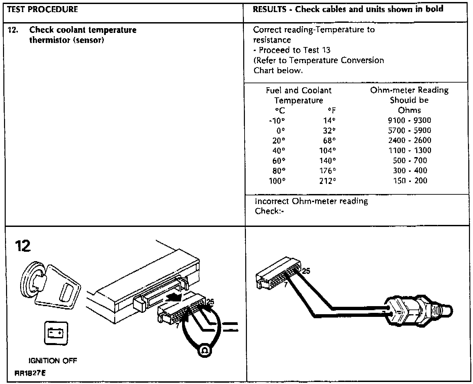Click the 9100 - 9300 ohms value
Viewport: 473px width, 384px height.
point(409,121)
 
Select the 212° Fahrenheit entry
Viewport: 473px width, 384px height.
point(328,181)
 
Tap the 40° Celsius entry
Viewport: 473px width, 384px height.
point(278,151)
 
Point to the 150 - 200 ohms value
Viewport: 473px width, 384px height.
point(410,181)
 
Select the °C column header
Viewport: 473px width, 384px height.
point(280,111)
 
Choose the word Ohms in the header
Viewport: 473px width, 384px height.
point(409,110)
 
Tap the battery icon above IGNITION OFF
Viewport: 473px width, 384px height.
point(56,333)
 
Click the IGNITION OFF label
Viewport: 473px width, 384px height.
point(53,361)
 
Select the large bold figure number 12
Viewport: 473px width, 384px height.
point(23,246)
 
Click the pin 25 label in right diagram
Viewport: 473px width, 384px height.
point(306,271)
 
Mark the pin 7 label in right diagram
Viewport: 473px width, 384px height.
point(286,285)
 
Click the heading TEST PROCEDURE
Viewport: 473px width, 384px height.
point(42,9)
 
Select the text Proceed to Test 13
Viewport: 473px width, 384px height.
point(295,50)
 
